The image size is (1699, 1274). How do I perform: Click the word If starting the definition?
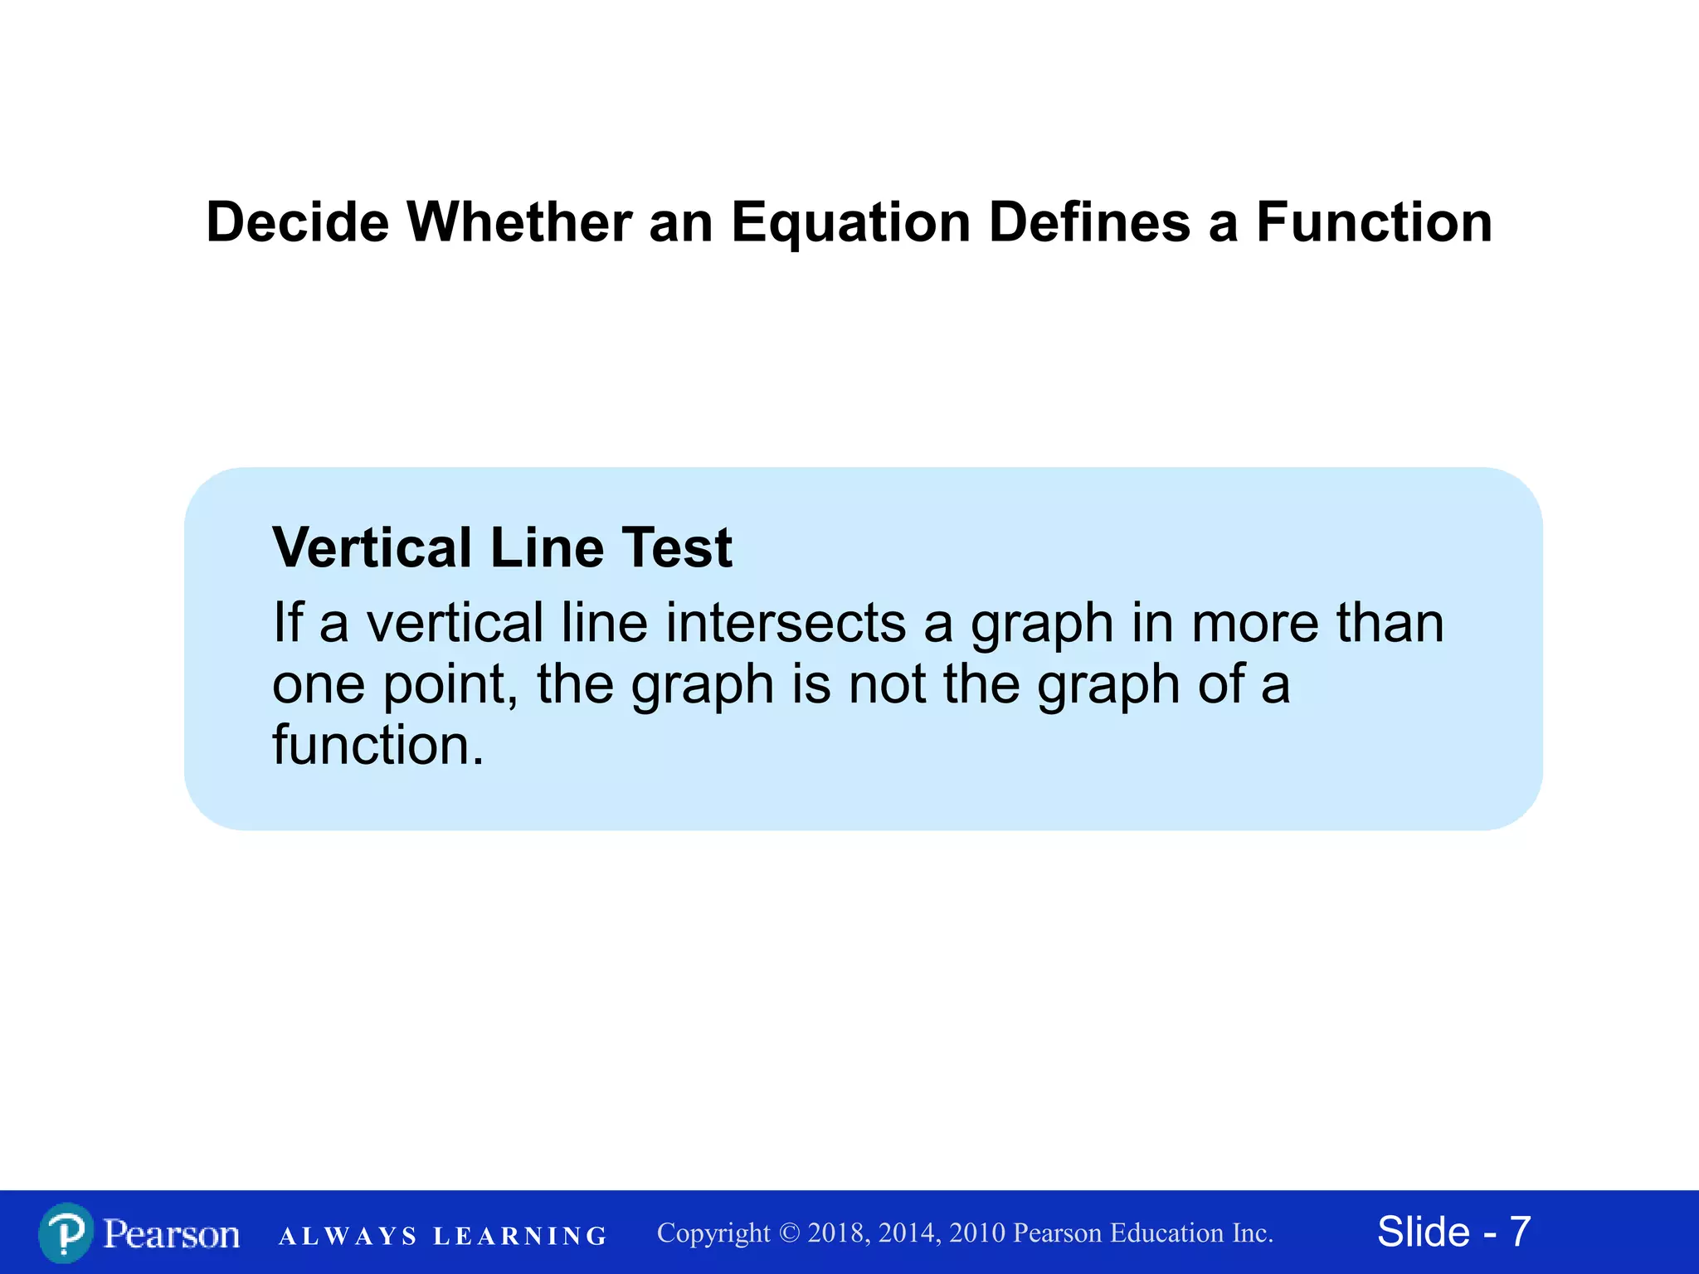pyautogui.click(x=287, y=623)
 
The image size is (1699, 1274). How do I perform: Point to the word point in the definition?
pyautogui.click(x=450, y=685)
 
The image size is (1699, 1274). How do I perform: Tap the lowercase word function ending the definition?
pyautogui.click(x=377, y=745)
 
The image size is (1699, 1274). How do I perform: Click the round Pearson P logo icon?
pyautogui.click(x=65, y=1233)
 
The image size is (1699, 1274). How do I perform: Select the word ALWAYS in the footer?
pyautogui.click(x=348, y=1237)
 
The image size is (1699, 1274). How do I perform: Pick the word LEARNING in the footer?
pyautogui.click(x=520, y=1237)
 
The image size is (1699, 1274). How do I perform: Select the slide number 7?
pyautogui.click(x=1520, y=1232)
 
